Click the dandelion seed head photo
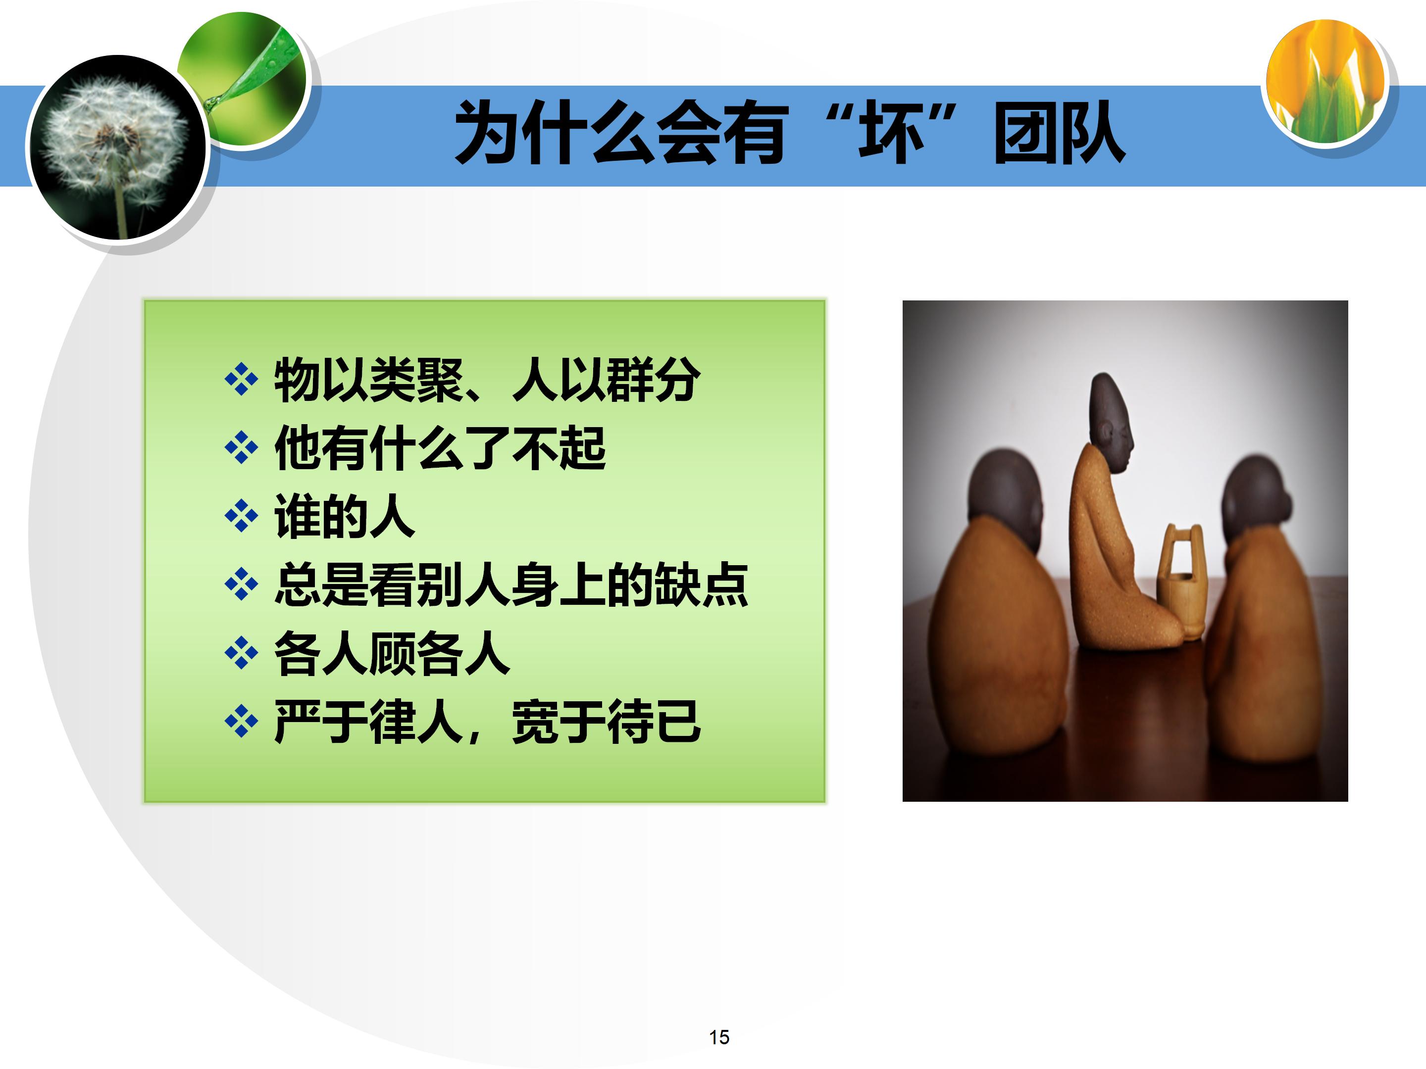point(116,148)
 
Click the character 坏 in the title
point(891,134)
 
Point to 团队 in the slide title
point(1060,134)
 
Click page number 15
point(719,1037)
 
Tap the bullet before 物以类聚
point(241,380)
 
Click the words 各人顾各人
point(392,653)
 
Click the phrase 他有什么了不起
point(440,448)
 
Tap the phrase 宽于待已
point(606,722)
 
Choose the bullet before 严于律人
point(241,722)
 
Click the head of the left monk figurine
point(1006,493)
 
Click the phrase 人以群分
point(606,380)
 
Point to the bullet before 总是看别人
point(241,585)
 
